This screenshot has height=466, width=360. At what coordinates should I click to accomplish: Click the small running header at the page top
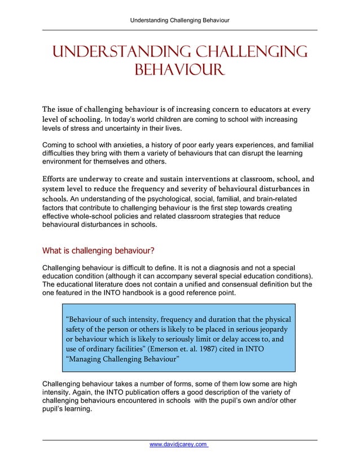tap(179, 21)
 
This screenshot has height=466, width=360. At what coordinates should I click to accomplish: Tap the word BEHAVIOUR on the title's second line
tap(179, 70)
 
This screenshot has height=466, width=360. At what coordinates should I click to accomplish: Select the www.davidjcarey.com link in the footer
tap(178, 445)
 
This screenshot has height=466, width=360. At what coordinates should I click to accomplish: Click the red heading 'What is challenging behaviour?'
tap(99, 250)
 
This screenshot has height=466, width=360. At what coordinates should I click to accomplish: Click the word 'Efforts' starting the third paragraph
tap(57, 180)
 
